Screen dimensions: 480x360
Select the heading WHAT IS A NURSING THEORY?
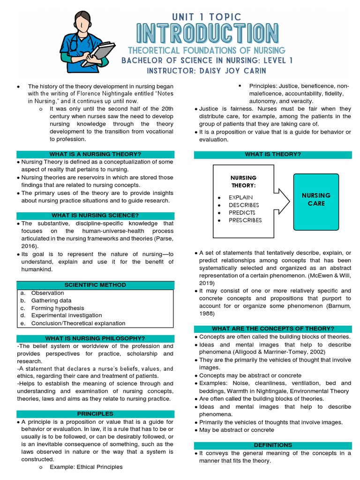click(x=95, y=154)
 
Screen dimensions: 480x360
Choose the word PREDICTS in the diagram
click(x=242, y=212)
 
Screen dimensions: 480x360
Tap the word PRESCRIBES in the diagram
click(x=245, y=220)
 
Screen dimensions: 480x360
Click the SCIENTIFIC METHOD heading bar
click(x=95, y=285)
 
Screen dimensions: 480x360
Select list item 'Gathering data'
click(x=51, y=300)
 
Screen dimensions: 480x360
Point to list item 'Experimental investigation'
click(x=66, y=315)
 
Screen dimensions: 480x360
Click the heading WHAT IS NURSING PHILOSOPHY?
click(x=95, y=338)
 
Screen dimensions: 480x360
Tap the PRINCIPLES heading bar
click(x=95, y=414)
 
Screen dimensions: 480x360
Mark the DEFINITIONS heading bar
click(x=272, y=445)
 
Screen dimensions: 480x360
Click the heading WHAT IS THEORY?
click(x=272, y=154)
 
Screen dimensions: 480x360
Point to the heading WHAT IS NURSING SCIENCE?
click(x=95, y=215)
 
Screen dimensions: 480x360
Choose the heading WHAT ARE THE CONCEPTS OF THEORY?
click(x=272, y=329)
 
